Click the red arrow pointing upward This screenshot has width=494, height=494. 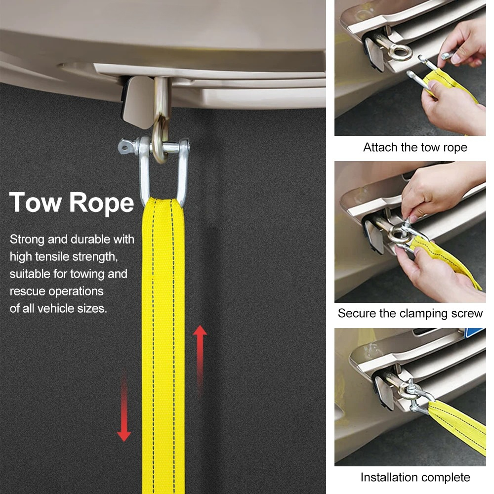coord(200,359)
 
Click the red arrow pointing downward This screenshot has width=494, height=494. coord(124,407)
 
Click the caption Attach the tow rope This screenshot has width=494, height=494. coord(415,147)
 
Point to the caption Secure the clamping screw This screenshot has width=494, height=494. coord(410,313)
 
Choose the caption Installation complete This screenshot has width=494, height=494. coord(415,477)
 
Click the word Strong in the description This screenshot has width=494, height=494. coord(27,240)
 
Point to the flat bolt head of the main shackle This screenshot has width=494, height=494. coord(125,147)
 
